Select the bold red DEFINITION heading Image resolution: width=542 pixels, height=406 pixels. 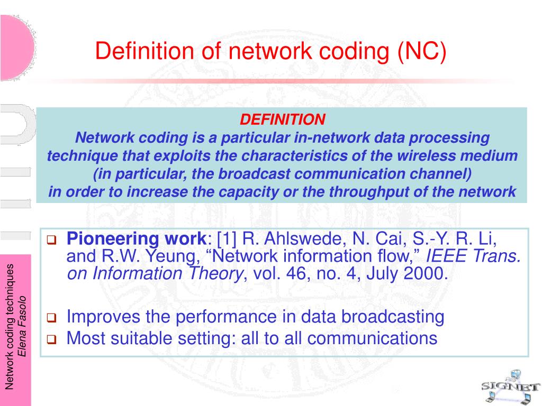click(282, 119)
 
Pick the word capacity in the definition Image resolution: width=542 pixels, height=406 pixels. click(253, 192)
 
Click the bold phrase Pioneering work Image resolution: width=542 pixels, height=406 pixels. click(137, 239)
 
